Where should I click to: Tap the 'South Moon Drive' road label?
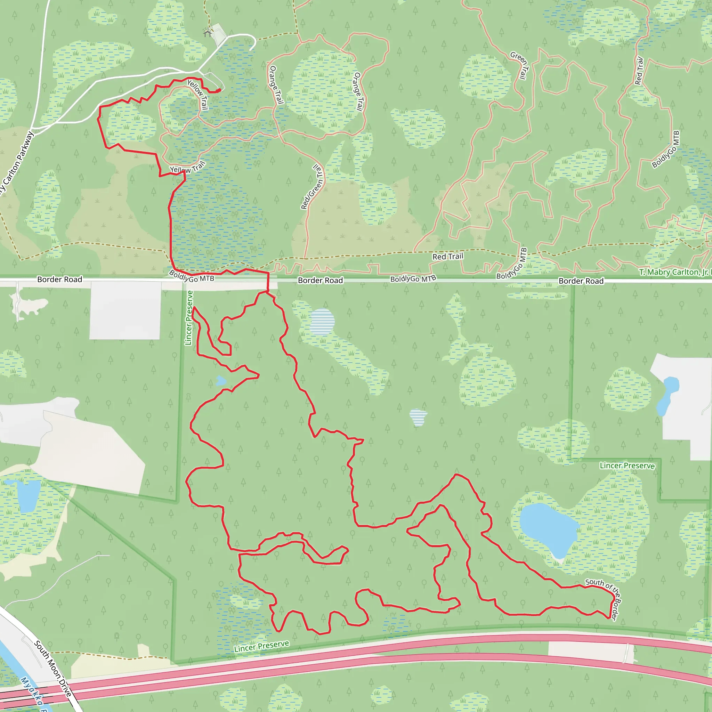click(53, 669)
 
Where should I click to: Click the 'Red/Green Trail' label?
click(313, 187)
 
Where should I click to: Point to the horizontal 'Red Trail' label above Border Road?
click(447, 256)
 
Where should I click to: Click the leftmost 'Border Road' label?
click(60, 280)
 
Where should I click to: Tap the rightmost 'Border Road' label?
click(581, 281)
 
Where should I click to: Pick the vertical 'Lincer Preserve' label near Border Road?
click(189, 318)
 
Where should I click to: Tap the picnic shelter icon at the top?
click(208, 33)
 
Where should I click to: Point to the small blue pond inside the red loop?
click(221, 381)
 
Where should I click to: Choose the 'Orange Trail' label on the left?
click(276, 85)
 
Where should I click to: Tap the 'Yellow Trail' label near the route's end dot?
click(198, 94)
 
